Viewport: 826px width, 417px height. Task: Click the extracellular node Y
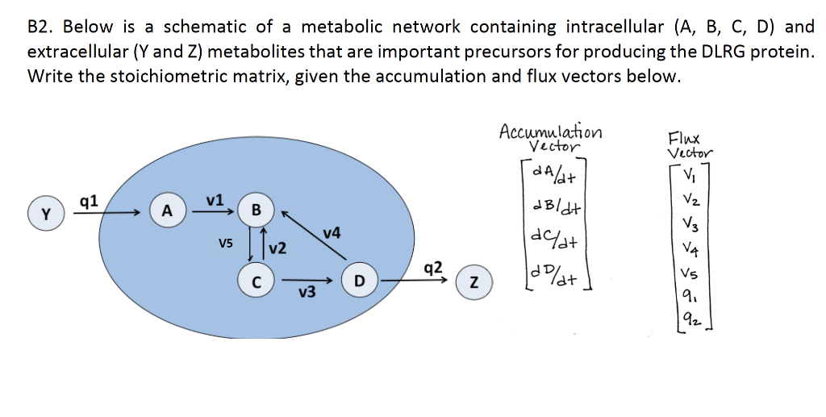point(44,215)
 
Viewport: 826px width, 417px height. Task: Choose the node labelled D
point(360,281)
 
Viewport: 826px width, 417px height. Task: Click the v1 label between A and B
point(214,199)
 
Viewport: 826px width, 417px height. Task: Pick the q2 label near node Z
point(432,268)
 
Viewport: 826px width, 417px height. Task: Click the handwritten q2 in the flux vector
point(687,319)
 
